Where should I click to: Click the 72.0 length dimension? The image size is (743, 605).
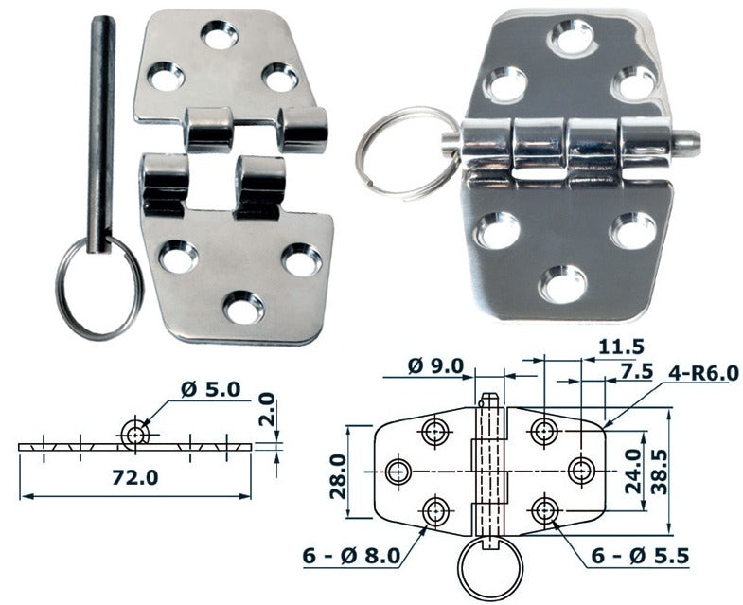pos(135,477)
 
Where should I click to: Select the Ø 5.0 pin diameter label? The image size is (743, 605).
pos(211,390)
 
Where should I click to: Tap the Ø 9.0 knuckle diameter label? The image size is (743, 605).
pos(434,365)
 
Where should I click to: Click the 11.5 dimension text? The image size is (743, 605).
pos(621,347)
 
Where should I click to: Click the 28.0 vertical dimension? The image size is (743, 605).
pos(338,475)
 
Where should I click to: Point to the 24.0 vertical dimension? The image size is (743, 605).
pos(632,471)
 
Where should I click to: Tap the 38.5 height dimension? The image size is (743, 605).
pos(660,472)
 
